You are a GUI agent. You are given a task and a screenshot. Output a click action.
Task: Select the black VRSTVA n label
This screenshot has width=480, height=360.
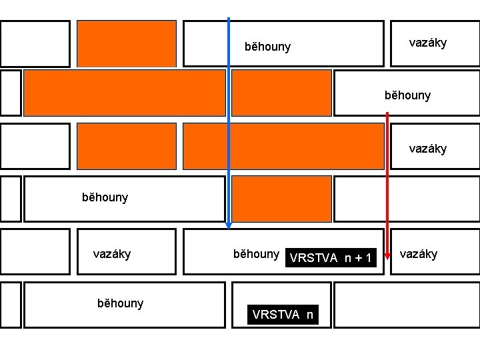(x=283, y=315)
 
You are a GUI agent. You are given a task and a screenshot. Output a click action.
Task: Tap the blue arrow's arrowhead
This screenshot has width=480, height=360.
(x=229, y=223)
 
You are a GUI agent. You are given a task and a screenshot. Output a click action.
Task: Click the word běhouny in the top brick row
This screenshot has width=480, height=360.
(x=267, y=47)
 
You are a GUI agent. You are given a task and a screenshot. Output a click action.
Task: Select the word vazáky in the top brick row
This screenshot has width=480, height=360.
(x=427, y=43)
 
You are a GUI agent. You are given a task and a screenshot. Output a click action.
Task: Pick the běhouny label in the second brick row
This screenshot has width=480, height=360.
(x=407, y=95)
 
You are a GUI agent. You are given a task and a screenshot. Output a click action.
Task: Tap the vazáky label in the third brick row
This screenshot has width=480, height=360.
(x=427, y=148)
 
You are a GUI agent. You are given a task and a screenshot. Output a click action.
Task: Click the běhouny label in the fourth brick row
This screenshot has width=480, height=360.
(x=105, y=197)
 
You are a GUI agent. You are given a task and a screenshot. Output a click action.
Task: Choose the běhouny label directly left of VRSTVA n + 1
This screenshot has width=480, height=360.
(x=255, y=253)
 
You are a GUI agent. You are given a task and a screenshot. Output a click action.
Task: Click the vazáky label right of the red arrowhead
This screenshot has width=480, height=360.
(x=418, y=253)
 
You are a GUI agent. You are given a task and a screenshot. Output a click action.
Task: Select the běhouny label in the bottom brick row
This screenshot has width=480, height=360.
(x=120, y=303)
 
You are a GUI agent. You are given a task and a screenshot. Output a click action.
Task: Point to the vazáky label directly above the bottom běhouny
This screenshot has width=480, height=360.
(x=111, y=253)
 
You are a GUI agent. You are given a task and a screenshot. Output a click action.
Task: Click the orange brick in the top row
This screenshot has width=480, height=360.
(x=127, y=43)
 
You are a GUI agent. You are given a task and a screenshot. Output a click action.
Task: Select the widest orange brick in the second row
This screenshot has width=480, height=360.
(x=125, y=93)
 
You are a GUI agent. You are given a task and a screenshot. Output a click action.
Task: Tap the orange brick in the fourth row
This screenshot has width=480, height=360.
(x=281, y=198)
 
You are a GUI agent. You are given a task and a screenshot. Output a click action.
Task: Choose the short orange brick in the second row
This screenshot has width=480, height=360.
(x=281, y=93)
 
